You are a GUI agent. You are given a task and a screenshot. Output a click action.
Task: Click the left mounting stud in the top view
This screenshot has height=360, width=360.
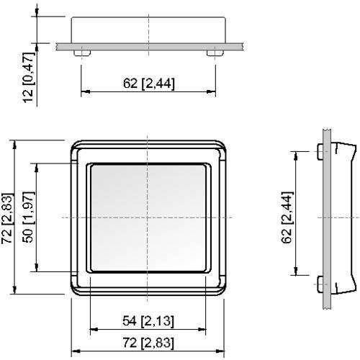[84, 53]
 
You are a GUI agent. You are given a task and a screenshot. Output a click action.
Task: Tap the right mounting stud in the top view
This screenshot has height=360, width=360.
[212, 53]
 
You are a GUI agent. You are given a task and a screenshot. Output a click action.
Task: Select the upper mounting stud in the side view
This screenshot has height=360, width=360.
[320, 152]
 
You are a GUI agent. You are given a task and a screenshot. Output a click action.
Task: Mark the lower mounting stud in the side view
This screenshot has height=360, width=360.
[320, 281]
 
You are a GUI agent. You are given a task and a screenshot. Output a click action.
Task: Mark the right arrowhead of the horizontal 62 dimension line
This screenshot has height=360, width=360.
[212, 91]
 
